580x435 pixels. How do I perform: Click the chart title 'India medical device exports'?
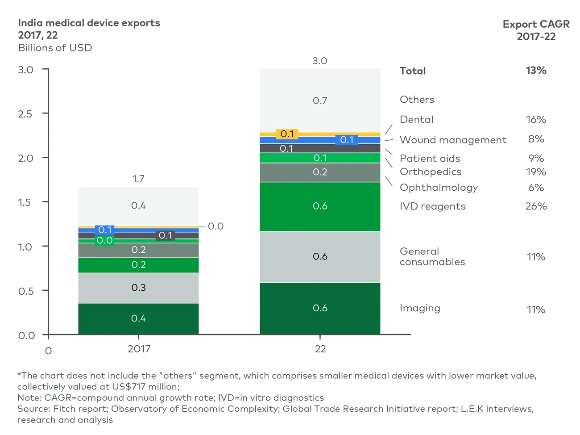[89, 23]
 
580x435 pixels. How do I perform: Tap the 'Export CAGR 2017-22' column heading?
[536, 30]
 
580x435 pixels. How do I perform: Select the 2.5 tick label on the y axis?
[25, 114]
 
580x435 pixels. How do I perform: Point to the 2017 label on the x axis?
[139, 349]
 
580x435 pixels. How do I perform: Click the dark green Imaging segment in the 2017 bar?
[138, 318]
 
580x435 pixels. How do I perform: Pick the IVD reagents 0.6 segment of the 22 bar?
[320, 206]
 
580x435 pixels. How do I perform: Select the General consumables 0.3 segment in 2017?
[138, 288]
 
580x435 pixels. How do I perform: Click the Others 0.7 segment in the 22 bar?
[320, 101]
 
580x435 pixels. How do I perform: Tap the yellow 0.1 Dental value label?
[287, 134]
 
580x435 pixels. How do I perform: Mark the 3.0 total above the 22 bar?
[320, 61]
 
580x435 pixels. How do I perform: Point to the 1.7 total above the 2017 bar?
[138, 179]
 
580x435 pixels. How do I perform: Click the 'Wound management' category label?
[453, 140]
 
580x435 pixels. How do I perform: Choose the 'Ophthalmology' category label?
[439, 188]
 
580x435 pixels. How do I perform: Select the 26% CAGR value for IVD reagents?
[536, 206]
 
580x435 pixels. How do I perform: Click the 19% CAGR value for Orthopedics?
[536, 172]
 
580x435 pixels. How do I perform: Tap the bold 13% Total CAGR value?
[536, 71]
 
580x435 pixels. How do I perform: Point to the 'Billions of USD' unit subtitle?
[55, 48]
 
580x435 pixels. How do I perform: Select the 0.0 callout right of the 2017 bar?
[215, 226]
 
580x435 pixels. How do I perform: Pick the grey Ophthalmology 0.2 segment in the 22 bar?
[320, 172]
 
